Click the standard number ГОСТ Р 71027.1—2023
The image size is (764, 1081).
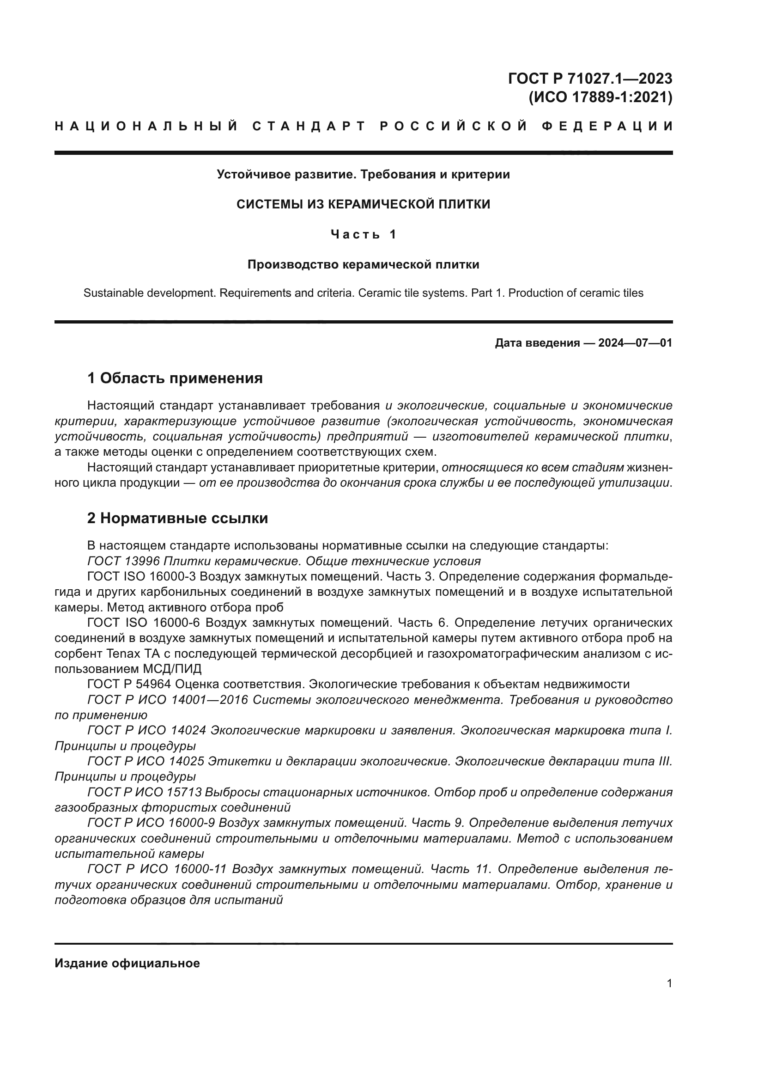[590, 78]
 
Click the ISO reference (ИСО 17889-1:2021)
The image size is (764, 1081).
[601, 98]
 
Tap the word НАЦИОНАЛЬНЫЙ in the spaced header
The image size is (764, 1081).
[146, 126]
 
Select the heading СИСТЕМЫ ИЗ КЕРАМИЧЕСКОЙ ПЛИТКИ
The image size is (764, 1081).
[363, 204]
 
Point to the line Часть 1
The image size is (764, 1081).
[363, 234]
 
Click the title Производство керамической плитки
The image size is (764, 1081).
[363, 265]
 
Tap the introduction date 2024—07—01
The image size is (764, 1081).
[635, 343]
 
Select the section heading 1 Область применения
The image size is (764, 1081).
[175, 378]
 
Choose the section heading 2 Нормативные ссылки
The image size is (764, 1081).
[178, 519]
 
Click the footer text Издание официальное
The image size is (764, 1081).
[127, 963]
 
